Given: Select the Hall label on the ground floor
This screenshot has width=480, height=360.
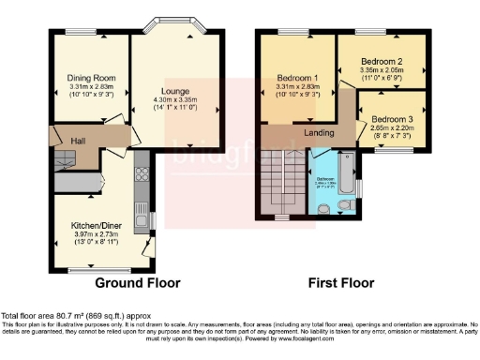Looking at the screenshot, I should (x=66, y=142).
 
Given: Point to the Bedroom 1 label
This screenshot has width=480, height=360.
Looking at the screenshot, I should (x=298, y=78).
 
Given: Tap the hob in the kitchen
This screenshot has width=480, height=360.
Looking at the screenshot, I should (x=143, y=175).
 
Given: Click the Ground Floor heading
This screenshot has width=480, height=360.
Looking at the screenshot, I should (x=137, y=282).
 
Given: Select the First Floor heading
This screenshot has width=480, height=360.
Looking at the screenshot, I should (x=341, y=282).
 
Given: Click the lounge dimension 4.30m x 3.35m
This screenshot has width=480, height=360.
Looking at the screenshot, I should (x=175, y=101).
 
